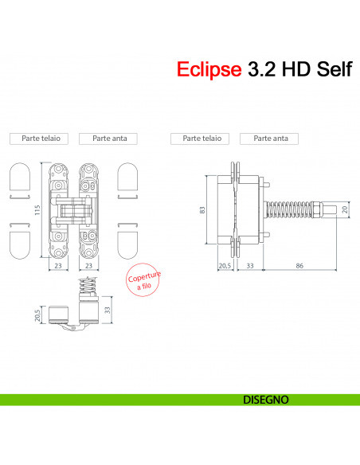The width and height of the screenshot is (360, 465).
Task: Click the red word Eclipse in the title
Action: (209, 70)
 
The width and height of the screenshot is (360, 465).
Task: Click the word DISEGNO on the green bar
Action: (265, 398)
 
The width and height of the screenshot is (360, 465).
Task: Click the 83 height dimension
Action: (203, 209)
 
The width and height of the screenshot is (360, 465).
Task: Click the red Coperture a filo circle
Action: (144, 282)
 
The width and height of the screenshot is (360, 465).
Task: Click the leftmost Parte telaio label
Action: (39, 139)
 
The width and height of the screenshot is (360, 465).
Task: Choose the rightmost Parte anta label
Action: (270, 139)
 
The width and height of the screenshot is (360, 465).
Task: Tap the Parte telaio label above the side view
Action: (202, 139)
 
